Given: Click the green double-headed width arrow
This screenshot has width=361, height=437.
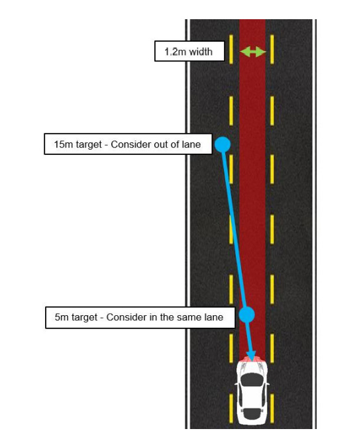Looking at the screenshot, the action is pyautogui.click(x=253, y=52).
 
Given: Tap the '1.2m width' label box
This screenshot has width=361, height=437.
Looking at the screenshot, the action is pyautogui.click(x=189, y=51).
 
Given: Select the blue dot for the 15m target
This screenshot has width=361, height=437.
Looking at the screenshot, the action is pyautogui.click(x=223, y=144).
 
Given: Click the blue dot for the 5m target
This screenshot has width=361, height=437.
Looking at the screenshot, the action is pyautogui.click(x=246, y=315).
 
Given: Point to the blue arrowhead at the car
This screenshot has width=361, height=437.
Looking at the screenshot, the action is pyautogui.click(x=252, y=356).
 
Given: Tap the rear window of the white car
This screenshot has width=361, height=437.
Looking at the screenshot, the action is pyautogui.click(x=252, y=414).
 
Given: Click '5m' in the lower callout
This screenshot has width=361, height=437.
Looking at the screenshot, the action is pyautogui.click(x=62, y=317).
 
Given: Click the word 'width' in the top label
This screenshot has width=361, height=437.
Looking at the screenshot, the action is pyautogui.click(x=200, y=52).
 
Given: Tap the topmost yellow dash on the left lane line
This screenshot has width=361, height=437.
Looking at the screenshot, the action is pyautogui.click(x=231, y=49).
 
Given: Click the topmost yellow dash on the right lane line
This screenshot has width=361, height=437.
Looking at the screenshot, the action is pyautogui.click(x=272, y=49).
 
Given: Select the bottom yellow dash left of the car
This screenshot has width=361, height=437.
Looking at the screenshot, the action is pyautogui.click(x=231, y=408).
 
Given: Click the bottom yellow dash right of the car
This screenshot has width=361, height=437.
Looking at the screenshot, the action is pyautogui.click(x=272, y=408).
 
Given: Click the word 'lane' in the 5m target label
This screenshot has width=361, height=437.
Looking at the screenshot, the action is pyautogui.click(x=215, y=317).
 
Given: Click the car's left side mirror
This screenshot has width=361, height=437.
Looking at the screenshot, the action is pyautogui.click(x=236, y=384).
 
